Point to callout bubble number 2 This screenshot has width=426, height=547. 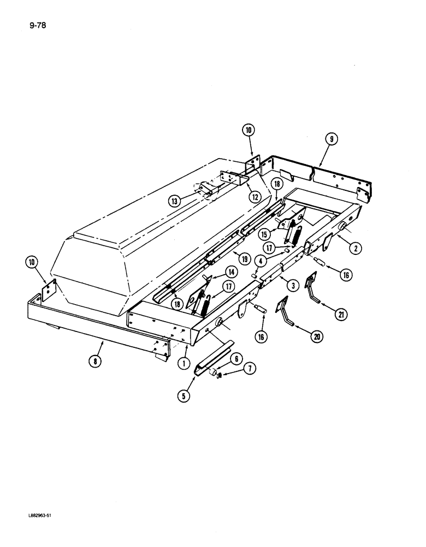356,249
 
